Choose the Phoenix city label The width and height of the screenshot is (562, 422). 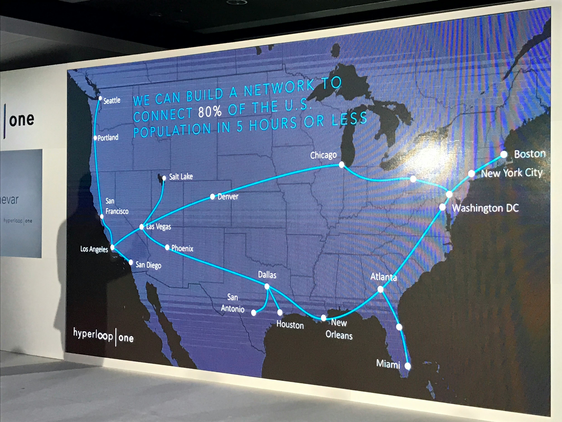tap(182, 248)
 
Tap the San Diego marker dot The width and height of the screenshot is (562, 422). tap(131, 262)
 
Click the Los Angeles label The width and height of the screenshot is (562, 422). tap(94, 249)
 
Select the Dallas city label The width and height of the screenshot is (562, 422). tap(267, 275)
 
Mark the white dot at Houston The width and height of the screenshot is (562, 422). tap(280, 312)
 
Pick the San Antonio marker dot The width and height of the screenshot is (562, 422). tap(254, 313)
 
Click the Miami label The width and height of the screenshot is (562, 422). tap(388, 364)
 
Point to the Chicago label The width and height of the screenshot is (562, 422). tap(323, 155)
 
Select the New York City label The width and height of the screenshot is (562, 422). tap(511, 173)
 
